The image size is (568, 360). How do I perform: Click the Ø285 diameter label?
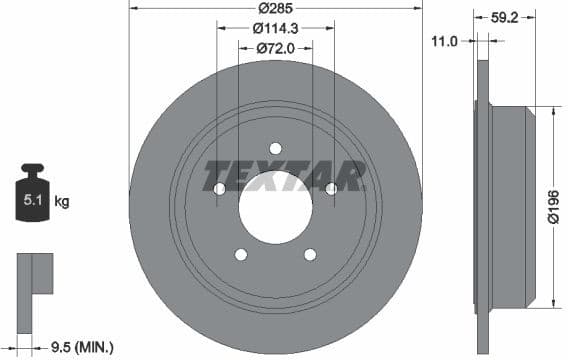276,7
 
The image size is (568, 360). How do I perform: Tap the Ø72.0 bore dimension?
274,46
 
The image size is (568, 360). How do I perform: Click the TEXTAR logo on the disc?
284,177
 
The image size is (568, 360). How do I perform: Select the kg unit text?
62,202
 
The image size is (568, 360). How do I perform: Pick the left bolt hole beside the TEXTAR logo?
220,188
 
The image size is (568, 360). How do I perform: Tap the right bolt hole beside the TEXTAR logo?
331,188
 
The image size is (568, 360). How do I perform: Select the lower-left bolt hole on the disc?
241,254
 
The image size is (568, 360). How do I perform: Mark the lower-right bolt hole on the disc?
310,254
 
